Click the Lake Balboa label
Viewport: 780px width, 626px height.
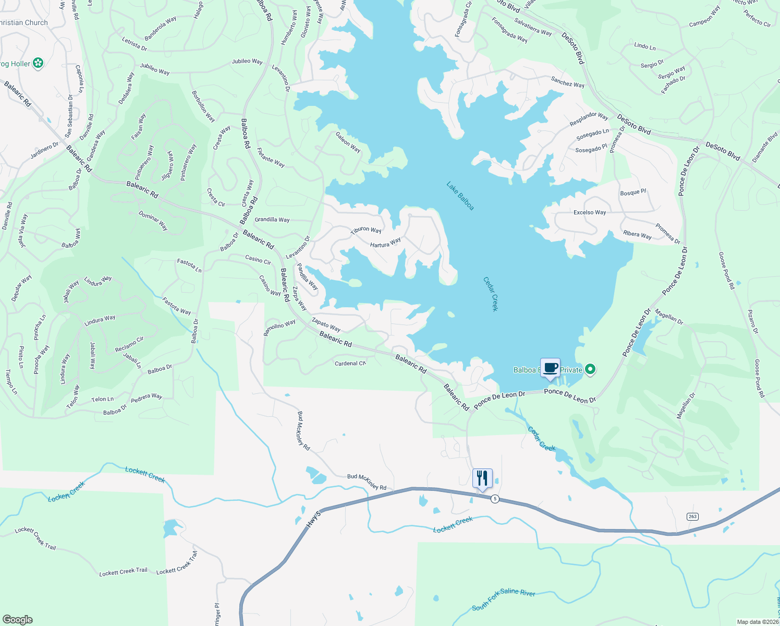tap(460, 196)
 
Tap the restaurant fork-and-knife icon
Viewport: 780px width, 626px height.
tap(482, 478)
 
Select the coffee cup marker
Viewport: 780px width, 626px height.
tap(550, 367)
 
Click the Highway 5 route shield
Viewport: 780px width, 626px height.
tap(495, 499)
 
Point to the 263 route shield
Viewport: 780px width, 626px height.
tap(692, 516)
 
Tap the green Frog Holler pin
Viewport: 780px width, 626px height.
tap(38, 64)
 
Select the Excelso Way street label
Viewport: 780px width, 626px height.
tap(590, 212)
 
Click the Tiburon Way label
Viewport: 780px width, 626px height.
tap(366, 230)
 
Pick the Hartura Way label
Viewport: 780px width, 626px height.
tap(385, 243)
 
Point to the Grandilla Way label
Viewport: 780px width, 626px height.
tap(272, 220)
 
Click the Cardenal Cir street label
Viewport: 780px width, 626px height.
tap(350, 363)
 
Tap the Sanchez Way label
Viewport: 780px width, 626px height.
tap(568, 82)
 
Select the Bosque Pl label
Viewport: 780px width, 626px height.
tap(633, 192)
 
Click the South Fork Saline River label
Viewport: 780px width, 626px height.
tap(503, 599)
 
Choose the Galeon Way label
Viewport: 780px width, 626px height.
tap(348, 142)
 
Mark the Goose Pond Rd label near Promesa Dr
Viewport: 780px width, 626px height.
tap(726, 271)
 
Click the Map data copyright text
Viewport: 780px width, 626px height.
tap(758, 622)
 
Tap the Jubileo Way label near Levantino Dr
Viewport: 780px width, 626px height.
tap(247, 62)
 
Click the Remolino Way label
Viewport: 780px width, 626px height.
tap(279, 328)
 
